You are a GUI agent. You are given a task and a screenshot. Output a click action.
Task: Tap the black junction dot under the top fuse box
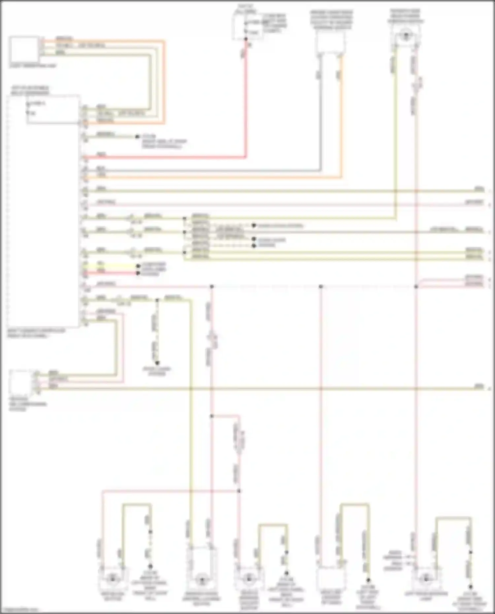(246, 39)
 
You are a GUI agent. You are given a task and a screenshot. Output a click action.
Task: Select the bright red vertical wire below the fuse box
(246, 99)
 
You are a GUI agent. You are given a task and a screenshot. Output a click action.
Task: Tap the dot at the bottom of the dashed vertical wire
(157, 363)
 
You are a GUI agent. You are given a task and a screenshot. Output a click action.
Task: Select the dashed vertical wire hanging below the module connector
(157, 330)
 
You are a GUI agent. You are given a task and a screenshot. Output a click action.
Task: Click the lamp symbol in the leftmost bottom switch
(113, 578)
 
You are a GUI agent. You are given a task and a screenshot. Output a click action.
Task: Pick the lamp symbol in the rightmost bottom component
(426, 578)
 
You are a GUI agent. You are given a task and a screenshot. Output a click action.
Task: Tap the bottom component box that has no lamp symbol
(331, 578)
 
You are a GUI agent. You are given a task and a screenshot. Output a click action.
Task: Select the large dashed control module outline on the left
(43, 211)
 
